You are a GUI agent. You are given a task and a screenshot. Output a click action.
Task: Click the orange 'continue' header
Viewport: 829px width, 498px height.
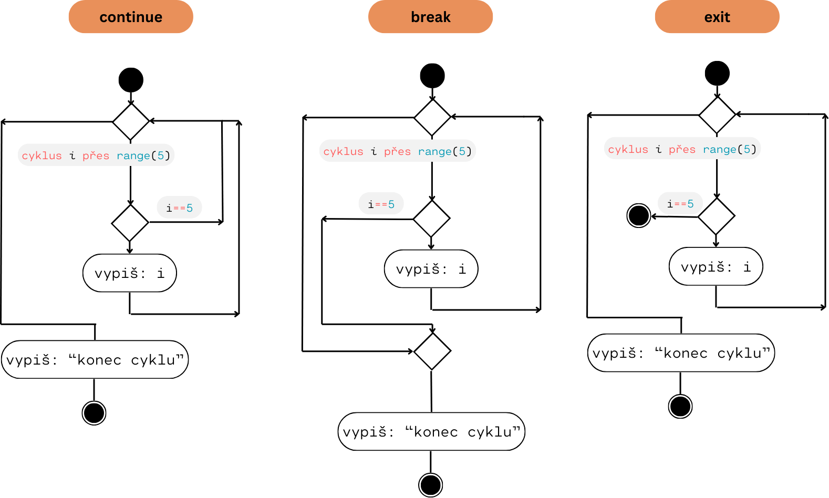[x=131, y=17]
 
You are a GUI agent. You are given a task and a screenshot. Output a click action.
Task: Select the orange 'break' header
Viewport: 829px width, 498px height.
[x=430, y=17]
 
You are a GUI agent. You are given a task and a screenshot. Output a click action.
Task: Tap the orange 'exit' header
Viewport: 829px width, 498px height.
[x=717, y=17]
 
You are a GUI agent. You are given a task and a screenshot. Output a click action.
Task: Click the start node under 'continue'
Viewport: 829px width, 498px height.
[x=131, y=80]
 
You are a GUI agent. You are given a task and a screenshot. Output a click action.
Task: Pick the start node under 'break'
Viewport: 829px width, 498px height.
[x=432, y=76]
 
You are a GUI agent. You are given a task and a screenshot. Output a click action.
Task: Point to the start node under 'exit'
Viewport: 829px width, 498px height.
[x=717, y=73]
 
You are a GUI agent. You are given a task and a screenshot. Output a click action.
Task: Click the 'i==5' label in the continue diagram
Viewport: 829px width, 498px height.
[x=179, y=207]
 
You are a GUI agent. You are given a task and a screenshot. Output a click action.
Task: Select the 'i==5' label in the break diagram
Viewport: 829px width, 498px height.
[x=381, y=204]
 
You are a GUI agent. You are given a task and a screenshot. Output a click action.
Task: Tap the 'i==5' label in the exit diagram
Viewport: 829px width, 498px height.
[x=680, y=203]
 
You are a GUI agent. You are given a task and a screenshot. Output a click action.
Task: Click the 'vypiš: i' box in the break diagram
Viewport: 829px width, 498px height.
[x=431, y=269]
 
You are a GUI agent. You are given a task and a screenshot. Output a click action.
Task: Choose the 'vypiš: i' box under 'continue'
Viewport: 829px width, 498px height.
[x=129, y=273]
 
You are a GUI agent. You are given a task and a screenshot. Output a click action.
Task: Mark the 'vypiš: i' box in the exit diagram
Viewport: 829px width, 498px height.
[x=716, y=267]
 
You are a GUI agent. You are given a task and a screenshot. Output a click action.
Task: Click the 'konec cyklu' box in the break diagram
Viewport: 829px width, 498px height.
[x=431, y=432]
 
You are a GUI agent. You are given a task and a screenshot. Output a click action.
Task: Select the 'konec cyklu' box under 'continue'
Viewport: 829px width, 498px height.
[x=95, y=360]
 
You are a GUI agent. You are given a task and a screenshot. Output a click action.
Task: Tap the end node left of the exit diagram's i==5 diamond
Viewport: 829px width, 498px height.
[x=639, y=215]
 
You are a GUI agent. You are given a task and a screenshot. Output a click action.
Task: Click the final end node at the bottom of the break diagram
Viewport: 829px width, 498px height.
[x=430, y=485]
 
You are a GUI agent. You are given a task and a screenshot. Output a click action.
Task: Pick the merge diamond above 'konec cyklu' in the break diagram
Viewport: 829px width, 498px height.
[x=432, y=351]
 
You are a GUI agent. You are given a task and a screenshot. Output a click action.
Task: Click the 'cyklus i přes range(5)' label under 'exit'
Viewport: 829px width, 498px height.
[x=682, y=149]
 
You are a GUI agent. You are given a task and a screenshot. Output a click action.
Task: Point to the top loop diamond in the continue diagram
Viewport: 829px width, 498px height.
[x=131, y=121]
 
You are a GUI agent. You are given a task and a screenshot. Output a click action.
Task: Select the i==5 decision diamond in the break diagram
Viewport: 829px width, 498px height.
[x=432, y=219]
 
